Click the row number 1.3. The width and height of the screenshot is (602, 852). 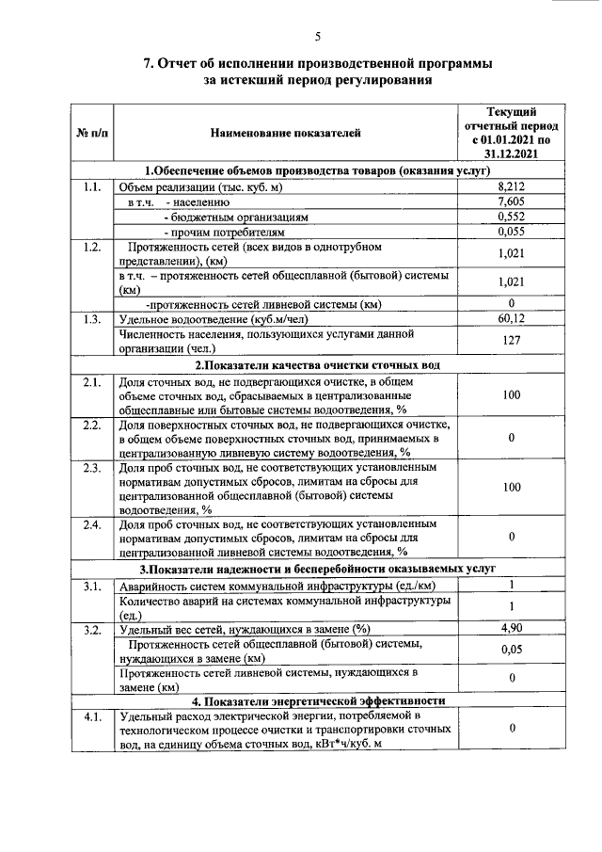pos(91,319)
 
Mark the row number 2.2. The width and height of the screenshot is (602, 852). pos(91,426)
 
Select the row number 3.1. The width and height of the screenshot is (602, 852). pos(91,587)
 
